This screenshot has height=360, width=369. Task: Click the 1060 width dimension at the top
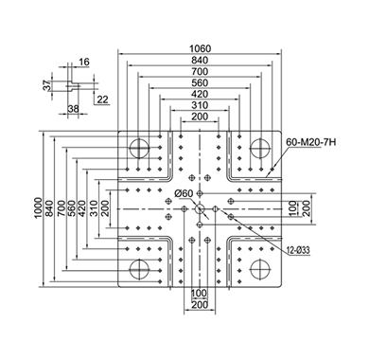point(200,48)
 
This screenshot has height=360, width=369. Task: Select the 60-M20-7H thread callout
point(311,142)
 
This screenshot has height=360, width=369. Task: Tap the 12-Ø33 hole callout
point(298,250)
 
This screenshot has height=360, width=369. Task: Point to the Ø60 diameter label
point(184,193)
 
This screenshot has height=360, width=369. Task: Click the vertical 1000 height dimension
point(38,207)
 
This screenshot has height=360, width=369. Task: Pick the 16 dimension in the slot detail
point(84,62)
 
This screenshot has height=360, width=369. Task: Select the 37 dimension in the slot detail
point(47,85)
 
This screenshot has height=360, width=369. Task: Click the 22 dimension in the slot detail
point(102,99)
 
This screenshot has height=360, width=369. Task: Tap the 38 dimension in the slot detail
point(74,109)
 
